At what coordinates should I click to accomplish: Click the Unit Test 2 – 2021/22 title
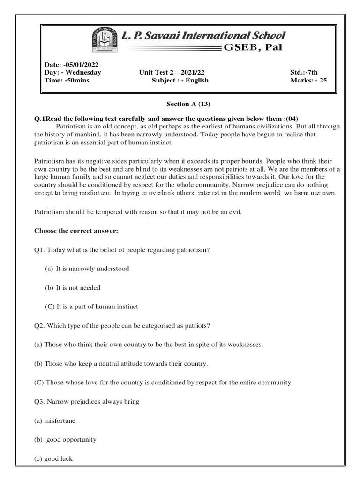point(172,73)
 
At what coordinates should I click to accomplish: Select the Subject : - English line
point(180,80)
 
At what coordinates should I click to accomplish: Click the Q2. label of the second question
point(40,326)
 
